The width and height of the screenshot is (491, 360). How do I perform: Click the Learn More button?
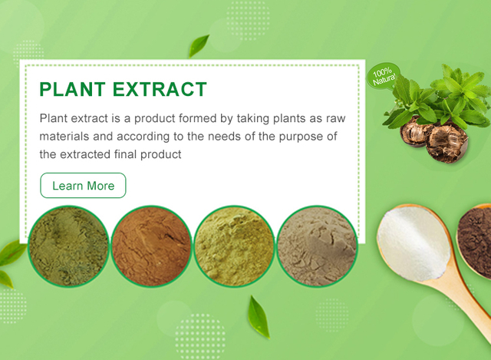pyautogui.click(x=83, y=186)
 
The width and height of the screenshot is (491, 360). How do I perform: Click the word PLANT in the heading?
pyautogui.click(x=73, y=89)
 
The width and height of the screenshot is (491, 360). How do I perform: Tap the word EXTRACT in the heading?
pyautogui.click(x=160, y=89)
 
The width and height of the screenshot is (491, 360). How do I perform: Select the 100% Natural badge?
pyautogui.click(x=384, y=76)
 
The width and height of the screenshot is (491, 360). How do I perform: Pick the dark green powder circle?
pyautogui.click(x=68, y=246)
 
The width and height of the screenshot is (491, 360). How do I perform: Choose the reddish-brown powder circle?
pyautogui.click(x=152, y=246)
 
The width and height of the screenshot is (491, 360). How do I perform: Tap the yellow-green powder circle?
pyautogui.click(x=234, y=246)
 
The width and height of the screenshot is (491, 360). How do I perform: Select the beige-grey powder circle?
pyautogui.click(x=317, y=246)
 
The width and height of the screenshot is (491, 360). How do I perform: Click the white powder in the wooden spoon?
pyautogui.click(x=414, y=243)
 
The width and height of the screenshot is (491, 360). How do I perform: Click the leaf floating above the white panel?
pyautogui.click(x=199, y=46)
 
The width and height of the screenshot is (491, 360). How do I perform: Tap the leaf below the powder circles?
pyautogui.click(x=259, y=317)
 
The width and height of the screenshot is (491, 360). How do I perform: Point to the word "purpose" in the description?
pyautogui.click(x=301, y=137)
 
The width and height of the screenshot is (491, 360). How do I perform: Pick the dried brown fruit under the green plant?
pyautogui.click(x=435, y=140)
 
